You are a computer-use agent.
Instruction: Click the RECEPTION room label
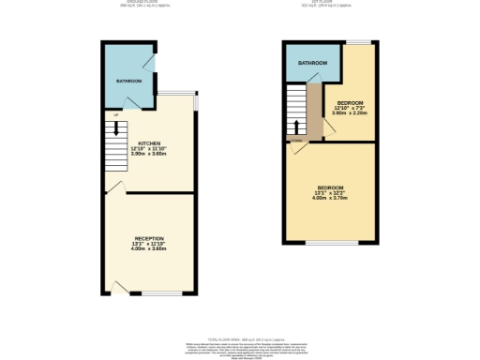click(x=148, y=239)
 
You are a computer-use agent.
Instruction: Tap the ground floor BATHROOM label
click(x=128, y=82)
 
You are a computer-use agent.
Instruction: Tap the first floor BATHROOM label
click(x=313, y=63)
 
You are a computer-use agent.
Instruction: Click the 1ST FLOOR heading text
click(x=330, y=3)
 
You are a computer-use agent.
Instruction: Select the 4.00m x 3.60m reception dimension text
click(x=148, y=249)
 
